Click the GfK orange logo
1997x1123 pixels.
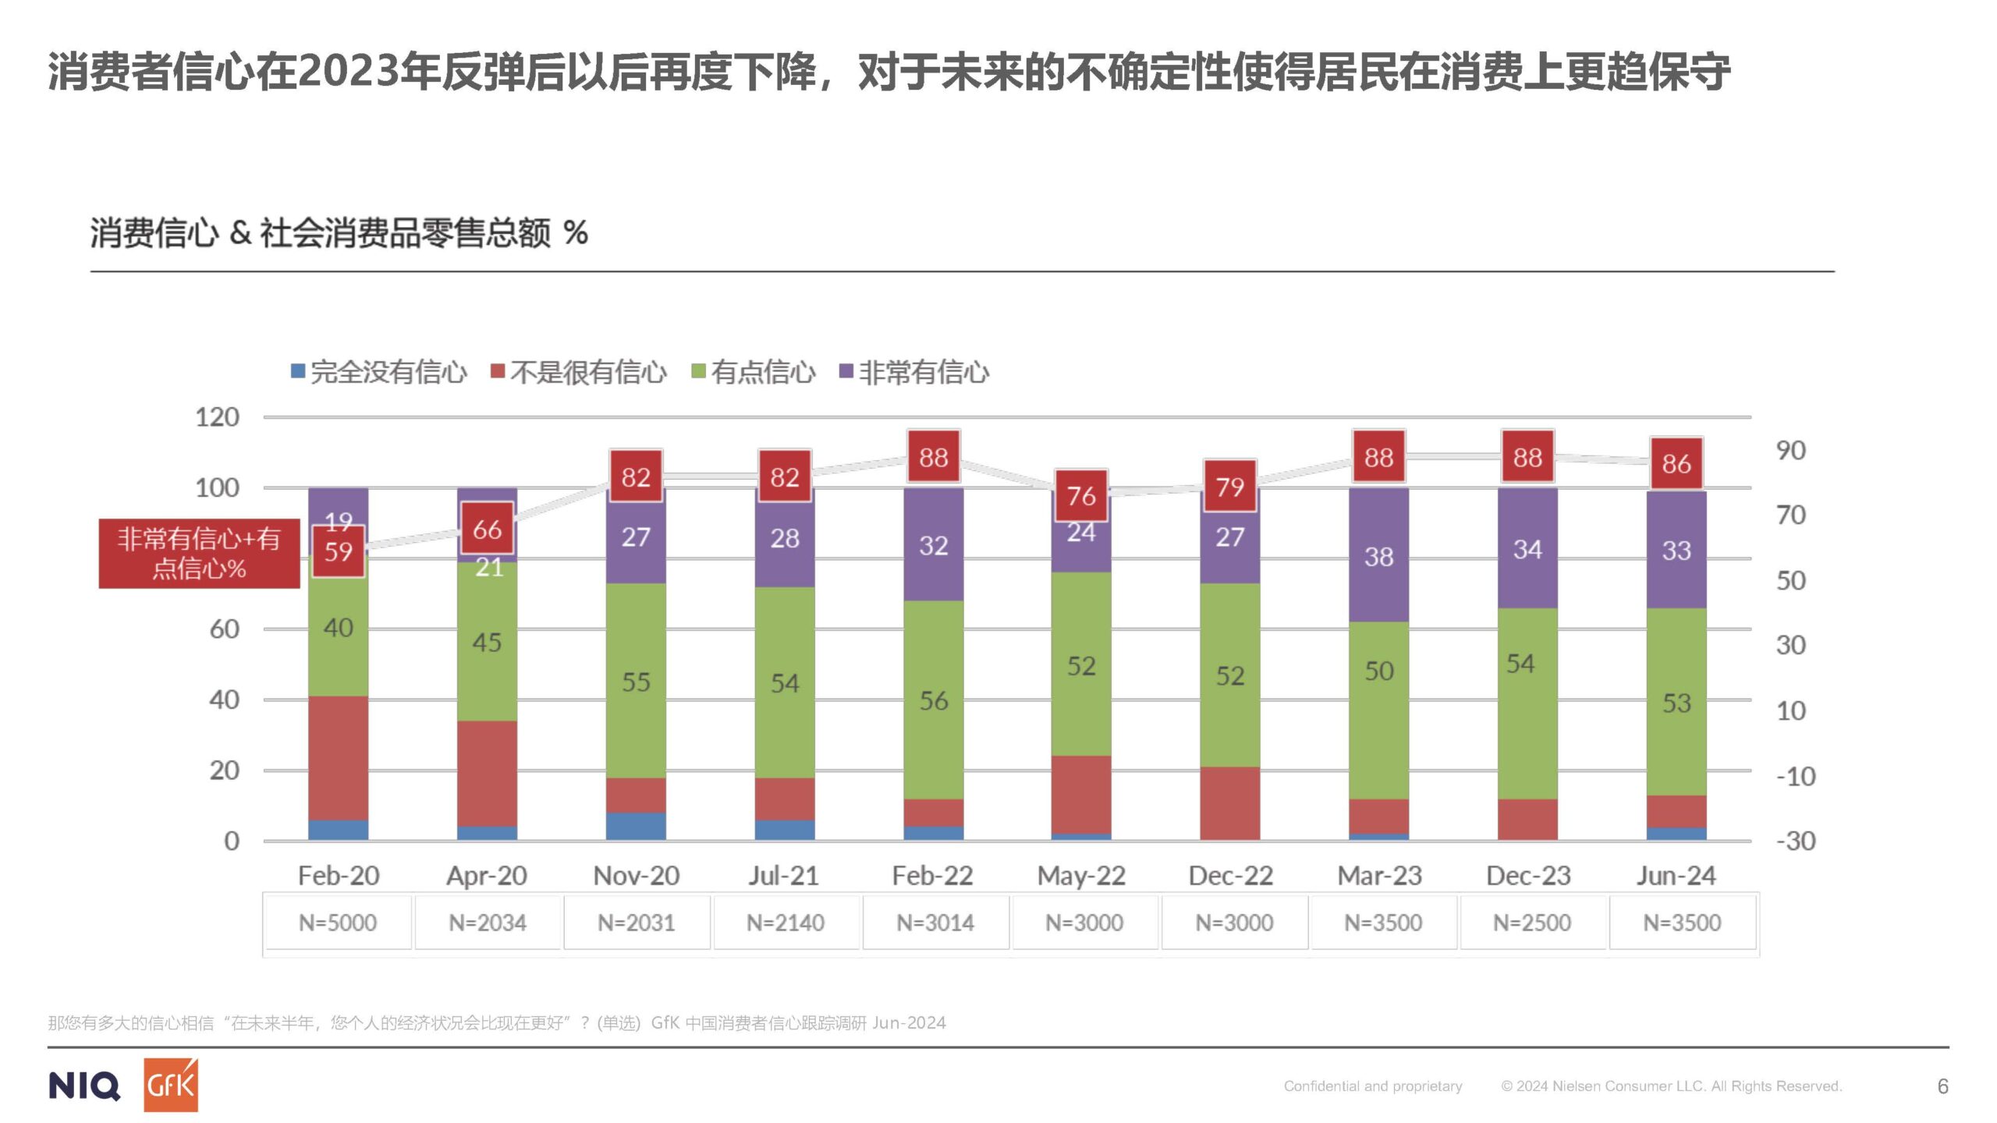[x=170, y=1085]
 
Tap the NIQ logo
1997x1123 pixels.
[x=84, y=1086]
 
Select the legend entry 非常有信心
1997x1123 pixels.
[x=914, y=373]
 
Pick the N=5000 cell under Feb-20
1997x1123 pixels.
[x=338, y=923]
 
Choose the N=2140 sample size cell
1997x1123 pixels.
[x=786, y=923]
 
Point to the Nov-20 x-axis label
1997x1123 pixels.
[x=636, y=876]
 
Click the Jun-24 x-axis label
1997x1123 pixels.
[x=1676, y=876]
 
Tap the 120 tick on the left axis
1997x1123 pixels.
[x=217, y=417]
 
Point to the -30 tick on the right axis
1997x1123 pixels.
[x=1796, y=841]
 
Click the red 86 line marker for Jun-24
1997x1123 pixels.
[x=1676, y=464]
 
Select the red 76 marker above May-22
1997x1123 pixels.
[x=1081, y=495]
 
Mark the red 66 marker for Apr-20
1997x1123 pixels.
[x=487, y=530]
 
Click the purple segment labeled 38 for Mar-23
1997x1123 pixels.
[x=1378, y=555]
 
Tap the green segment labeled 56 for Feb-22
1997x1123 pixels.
[x=933, y=700]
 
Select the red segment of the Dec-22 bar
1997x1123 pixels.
[x=1230, y=803]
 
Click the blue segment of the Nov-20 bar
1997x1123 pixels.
[x=636, y=826]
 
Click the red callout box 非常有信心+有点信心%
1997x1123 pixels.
[x=199, y=553]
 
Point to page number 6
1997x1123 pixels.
[x=1942, y=1086]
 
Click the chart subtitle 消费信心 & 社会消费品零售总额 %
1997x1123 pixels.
[x=339, y=233]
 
